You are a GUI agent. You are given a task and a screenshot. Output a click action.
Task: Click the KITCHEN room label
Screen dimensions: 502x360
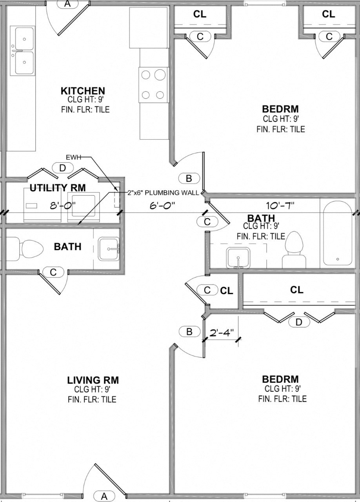[82, 91]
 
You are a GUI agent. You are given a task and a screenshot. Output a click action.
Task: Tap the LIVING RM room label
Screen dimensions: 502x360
[93, 380]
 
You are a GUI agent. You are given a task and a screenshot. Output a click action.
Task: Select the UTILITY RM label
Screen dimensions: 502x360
[58, 188]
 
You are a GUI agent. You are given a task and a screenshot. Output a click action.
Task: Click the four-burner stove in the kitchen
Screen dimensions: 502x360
[154, 85]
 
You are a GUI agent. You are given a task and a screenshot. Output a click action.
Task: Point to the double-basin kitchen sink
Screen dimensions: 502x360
[22, 51]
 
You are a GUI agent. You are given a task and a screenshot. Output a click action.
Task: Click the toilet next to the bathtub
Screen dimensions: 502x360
[294, 249]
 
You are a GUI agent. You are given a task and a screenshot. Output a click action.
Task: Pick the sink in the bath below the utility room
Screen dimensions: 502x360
[109, 248]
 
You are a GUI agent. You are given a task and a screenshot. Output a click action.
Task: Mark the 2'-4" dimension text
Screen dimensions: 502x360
[222, 333]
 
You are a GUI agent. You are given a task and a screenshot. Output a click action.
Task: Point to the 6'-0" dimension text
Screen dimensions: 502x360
[162, 205]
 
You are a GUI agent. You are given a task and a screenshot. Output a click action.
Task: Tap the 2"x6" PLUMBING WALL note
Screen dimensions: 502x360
[162, 193]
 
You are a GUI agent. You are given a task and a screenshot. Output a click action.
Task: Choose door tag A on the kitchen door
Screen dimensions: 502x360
[67, 4]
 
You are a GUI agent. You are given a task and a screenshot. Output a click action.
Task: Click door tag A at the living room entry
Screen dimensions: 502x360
[104, 496]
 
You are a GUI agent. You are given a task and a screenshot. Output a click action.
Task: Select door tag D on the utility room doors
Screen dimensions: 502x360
[62, 168]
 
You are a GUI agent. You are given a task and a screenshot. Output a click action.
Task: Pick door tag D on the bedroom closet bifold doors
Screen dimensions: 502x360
[299, 322]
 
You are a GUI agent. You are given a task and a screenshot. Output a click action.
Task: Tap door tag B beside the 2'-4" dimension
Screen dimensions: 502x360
[189, 331]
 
